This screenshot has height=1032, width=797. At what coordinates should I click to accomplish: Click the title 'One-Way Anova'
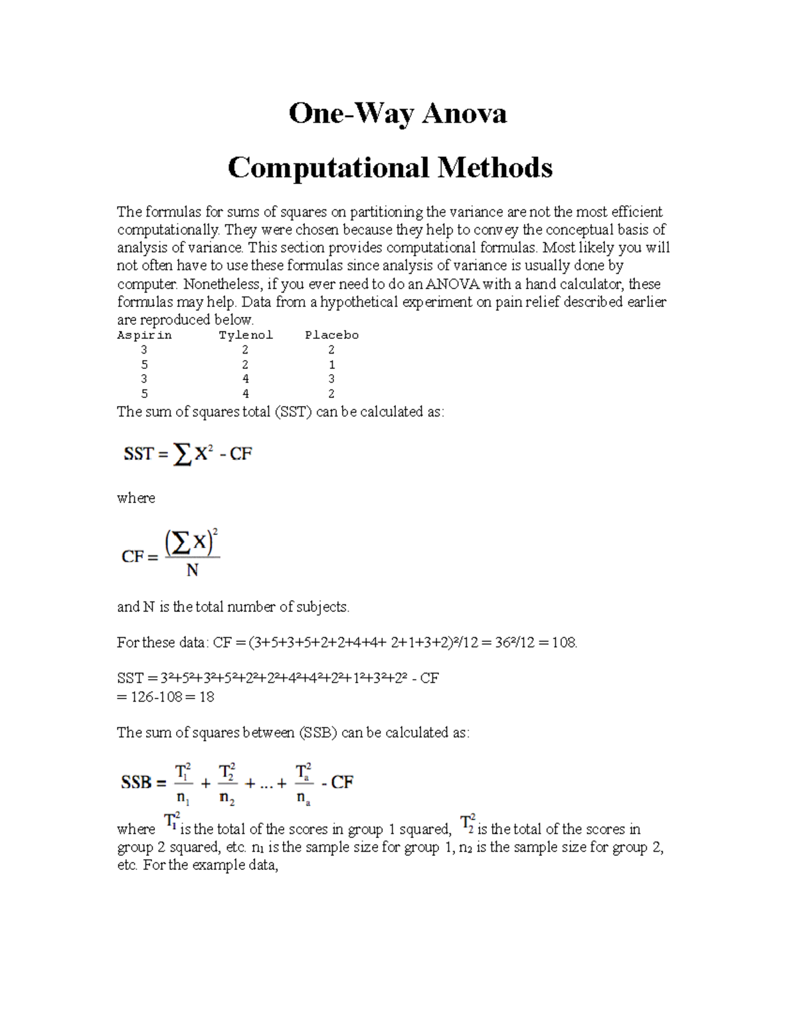click(x=397, y=114)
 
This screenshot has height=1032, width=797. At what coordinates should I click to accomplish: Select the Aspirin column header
click(x=144, y=335)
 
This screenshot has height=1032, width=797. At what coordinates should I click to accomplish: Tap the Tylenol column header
click(x=246, y=335)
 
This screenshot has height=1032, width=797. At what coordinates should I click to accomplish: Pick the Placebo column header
click(x=331, y=335)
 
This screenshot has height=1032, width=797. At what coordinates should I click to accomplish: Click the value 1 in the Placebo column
click(x=331, y=365)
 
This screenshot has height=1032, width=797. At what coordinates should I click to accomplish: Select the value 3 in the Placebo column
click(x=331, y=379)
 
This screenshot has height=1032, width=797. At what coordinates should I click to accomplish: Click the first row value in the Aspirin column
click(x=144, y=350)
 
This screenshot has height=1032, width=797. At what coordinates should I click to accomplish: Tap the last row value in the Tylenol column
click(x=246, y=393)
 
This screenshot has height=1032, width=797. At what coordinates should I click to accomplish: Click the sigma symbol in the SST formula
click(x=181, y=455)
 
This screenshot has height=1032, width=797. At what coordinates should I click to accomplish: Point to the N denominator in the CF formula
click(x=193, y=571)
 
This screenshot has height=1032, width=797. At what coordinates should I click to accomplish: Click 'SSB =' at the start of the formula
click(x=143, y=782)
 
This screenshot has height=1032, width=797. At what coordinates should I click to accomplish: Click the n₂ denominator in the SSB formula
click(x=227, y=798)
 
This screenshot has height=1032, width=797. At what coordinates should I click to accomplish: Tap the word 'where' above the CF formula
click(x=136, y=498)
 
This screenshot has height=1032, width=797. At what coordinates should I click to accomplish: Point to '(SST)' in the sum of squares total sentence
click(x=292, y=411)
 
